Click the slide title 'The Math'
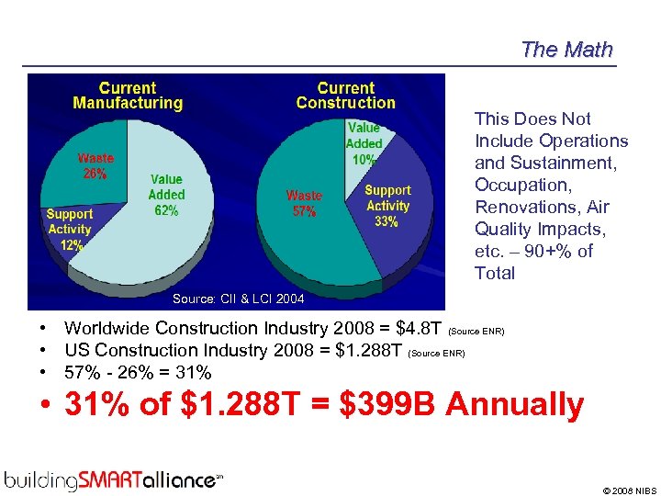click(566, 50)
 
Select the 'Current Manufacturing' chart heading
click(128, 96)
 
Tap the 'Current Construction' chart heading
click(345, 96)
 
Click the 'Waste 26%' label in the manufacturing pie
click(95, 165)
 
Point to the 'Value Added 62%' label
click(166, 195)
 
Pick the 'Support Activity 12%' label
click(70, 229)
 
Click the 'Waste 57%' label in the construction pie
click(304, 203)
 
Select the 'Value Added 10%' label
click(364, 143)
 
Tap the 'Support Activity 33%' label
click(387, 206)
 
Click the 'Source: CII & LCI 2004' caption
click(238, 299)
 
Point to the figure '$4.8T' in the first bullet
click(419, 328)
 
